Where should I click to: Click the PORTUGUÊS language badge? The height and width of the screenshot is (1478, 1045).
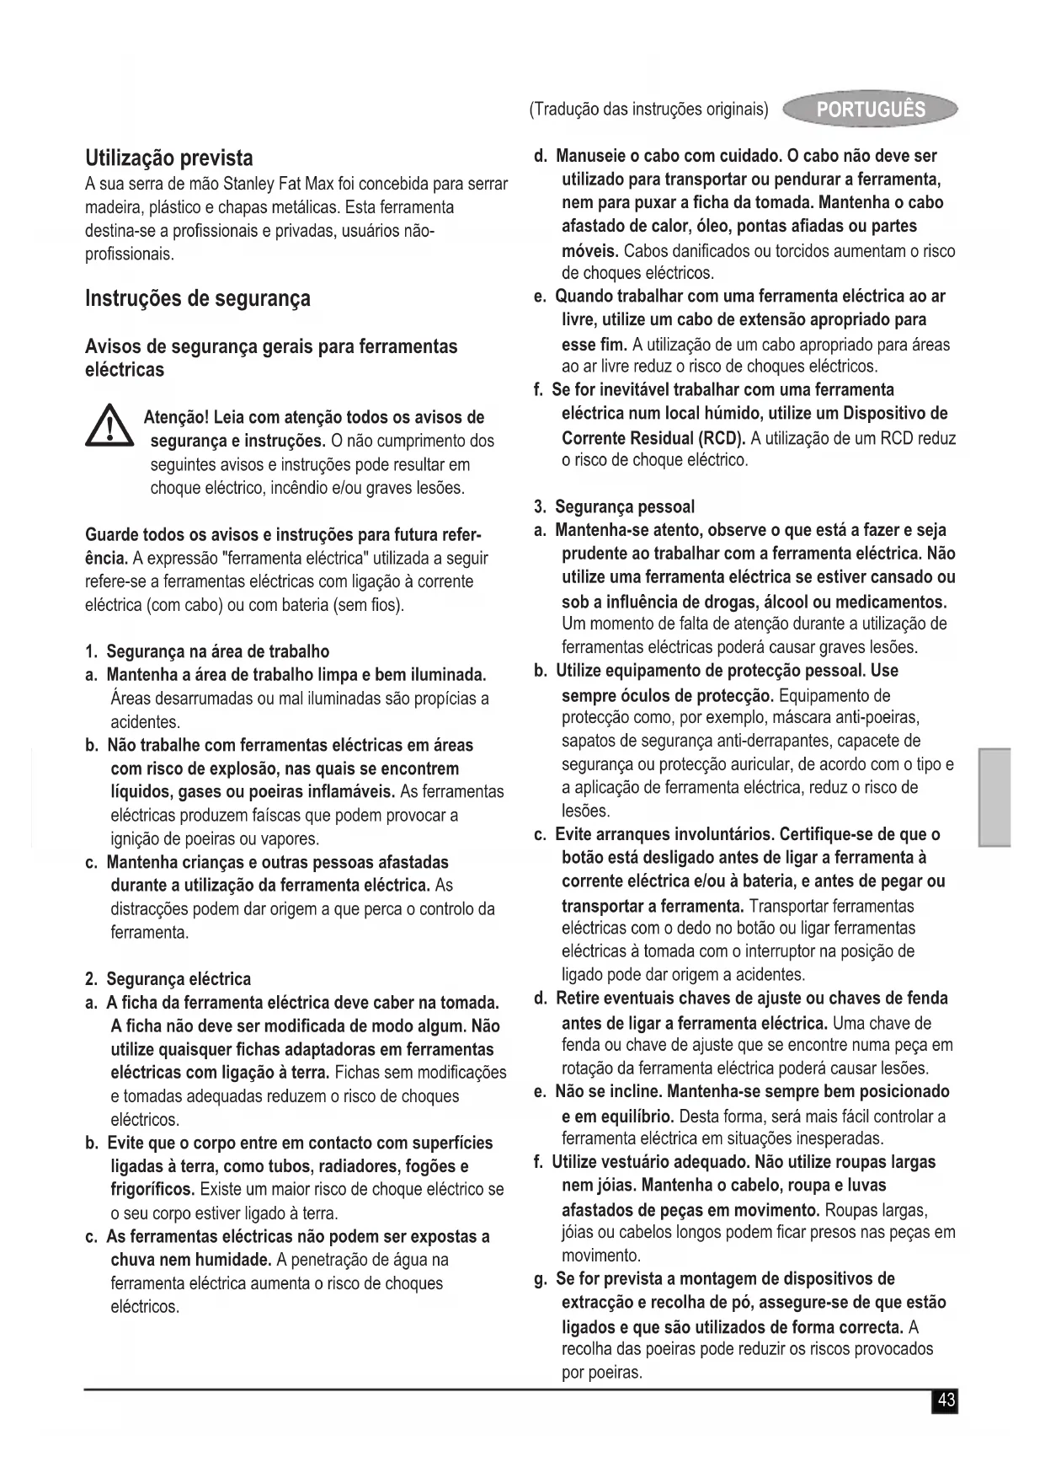[x=871, y=110]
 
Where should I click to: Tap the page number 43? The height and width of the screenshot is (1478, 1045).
[x=946, y=1400]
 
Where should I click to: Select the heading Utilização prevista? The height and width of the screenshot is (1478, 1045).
[x=168, y=158]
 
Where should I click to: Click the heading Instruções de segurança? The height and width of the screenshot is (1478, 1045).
[x=198, y=298]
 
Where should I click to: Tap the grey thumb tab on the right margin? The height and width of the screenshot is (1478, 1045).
[x=994, y=795]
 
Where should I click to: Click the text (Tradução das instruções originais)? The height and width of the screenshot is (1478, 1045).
[x=648, y=110]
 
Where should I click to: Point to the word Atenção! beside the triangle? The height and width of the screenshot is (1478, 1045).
[x=176, y=418]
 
